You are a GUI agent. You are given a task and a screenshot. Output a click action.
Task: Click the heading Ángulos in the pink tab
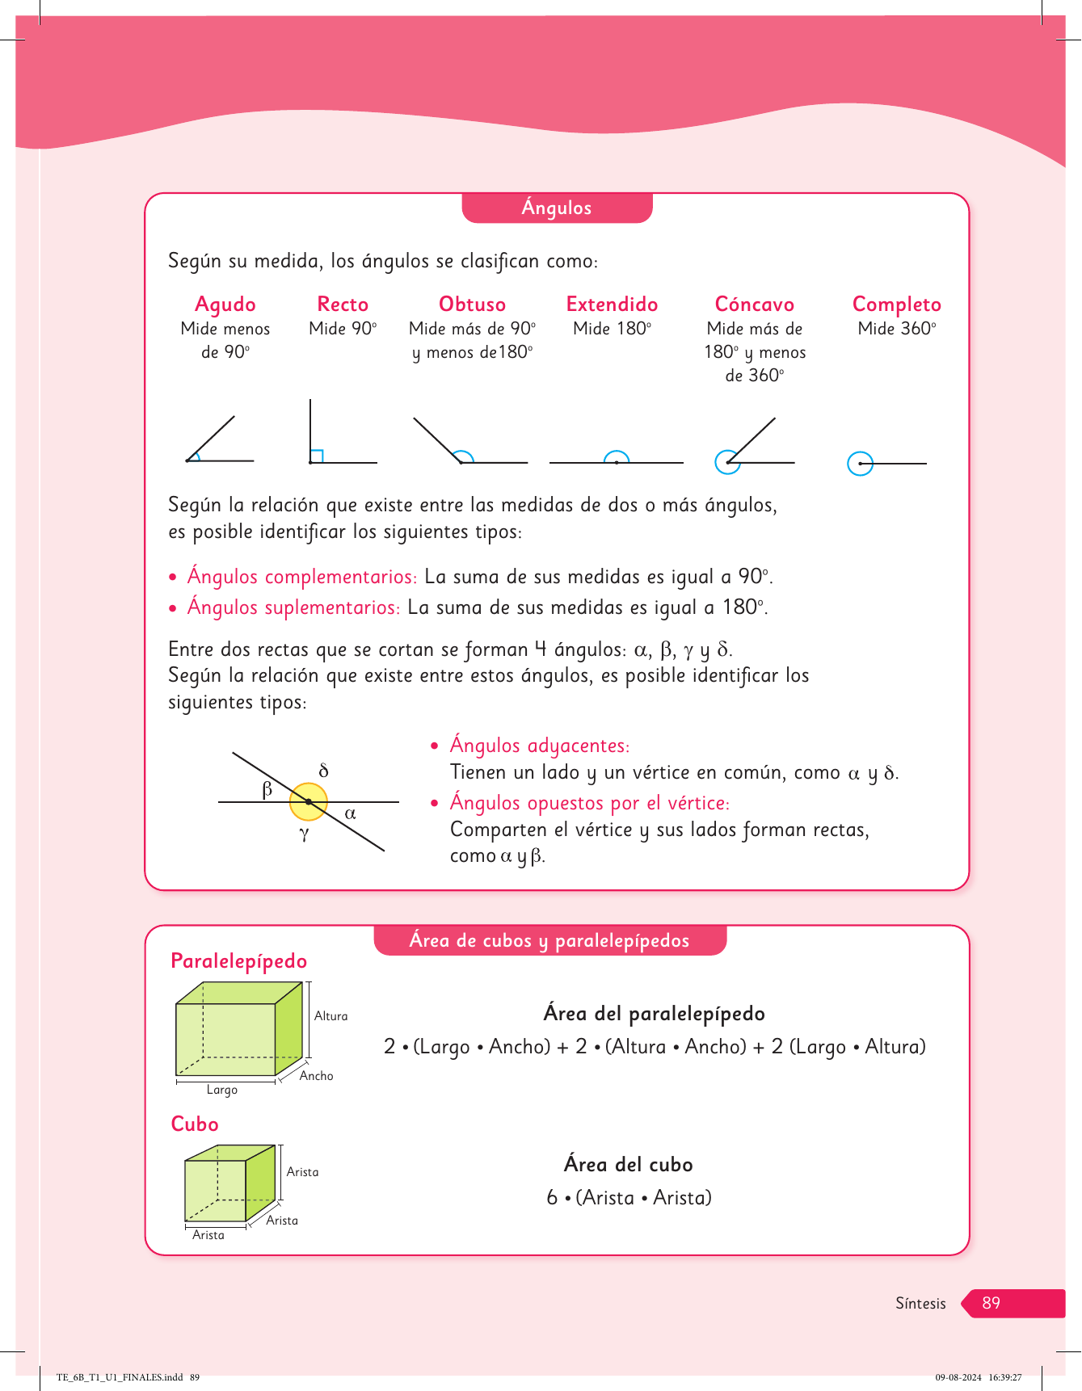point(557,208)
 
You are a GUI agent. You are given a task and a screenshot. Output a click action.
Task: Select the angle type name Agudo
point(225,305)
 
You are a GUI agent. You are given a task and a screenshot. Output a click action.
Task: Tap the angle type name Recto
point(343,305)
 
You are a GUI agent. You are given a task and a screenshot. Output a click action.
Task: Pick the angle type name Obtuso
point(472,305)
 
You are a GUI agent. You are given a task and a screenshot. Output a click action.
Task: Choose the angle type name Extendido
point(612,305)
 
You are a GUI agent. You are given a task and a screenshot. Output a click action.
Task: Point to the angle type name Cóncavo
point(754,305)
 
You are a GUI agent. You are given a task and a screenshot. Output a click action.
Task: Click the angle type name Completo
point(896,305)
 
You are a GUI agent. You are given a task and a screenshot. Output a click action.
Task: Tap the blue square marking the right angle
point(317,456)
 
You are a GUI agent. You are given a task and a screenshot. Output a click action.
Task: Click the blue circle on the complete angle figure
point(860,464)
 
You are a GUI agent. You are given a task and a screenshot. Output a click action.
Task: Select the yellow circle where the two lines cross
point(309,801)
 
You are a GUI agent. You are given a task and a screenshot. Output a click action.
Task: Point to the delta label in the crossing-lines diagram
point(324,771)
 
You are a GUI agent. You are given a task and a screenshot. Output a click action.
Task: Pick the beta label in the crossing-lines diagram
point(267,789)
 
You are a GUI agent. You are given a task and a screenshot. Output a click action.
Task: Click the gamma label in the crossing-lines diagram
point(304,834)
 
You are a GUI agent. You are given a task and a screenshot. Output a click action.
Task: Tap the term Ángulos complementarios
point(301,577)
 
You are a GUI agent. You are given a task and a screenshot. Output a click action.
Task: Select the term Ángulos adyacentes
point(539,746)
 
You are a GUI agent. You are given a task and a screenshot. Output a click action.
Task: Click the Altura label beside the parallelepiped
point(330,1016)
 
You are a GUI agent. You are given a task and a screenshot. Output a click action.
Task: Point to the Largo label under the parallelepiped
point(221,1090)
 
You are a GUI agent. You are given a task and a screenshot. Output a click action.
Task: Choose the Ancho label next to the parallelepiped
point(316,1076)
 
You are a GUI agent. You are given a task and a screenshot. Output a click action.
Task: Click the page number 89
point(991,1303)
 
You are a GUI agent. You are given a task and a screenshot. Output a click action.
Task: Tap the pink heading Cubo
point(195,1124)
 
